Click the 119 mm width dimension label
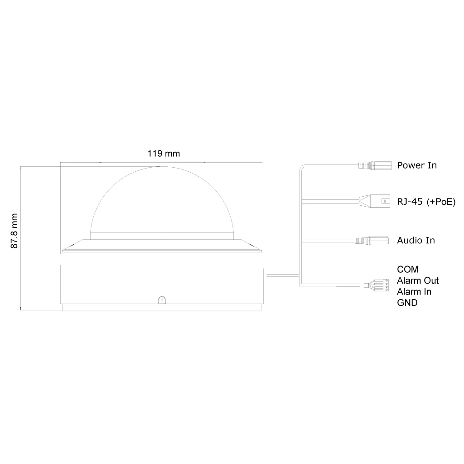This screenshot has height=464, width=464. [164, 154]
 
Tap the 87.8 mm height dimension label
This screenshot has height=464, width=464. [14, 231]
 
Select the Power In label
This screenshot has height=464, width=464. [417, 165]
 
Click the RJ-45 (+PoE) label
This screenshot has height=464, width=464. [426, 202]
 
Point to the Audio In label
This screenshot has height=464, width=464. [416, 240]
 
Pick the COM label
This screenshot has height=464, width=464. [407, 269]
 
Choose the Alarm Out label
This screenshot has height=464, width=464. [417, 280]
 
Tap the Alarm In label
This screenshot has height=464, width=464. [414, 292]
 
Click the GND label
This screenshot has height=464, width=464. [407, 303]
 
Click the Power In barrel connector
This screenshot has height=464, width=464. [375, 165]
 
